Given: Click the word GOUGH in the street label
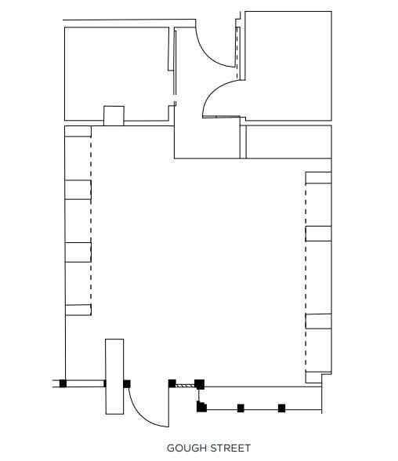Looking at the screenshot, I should [186, 448].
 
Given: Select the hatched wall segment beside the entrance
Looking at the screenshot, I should [183, 384].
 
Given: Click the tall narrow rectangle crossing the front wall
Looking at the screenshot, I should [114, 377].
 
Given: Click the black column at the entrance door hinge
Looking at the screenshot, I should [127, 383].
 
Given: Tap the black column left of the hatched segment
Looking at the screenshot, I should [172, 383].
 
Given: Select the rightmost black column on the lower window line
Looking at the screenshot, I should [282, 408].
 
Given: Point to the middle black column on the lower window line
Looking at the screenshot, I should [241, 408].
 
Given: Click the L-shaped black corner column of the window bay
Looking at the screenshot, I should [201, 406].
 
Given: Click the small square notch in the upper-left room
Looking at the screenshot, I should [114, 115].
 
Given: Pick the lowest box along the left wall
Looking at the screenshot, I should [78, 309].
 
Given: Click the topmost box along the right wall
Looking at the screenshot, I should [318, 178].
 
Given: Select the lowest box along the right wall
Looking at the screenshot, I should [318, 320].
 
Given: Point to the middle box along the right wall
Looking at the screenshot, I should [318, 233].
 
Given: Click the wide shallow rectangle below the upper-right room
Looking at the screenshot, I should [288, 141].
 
